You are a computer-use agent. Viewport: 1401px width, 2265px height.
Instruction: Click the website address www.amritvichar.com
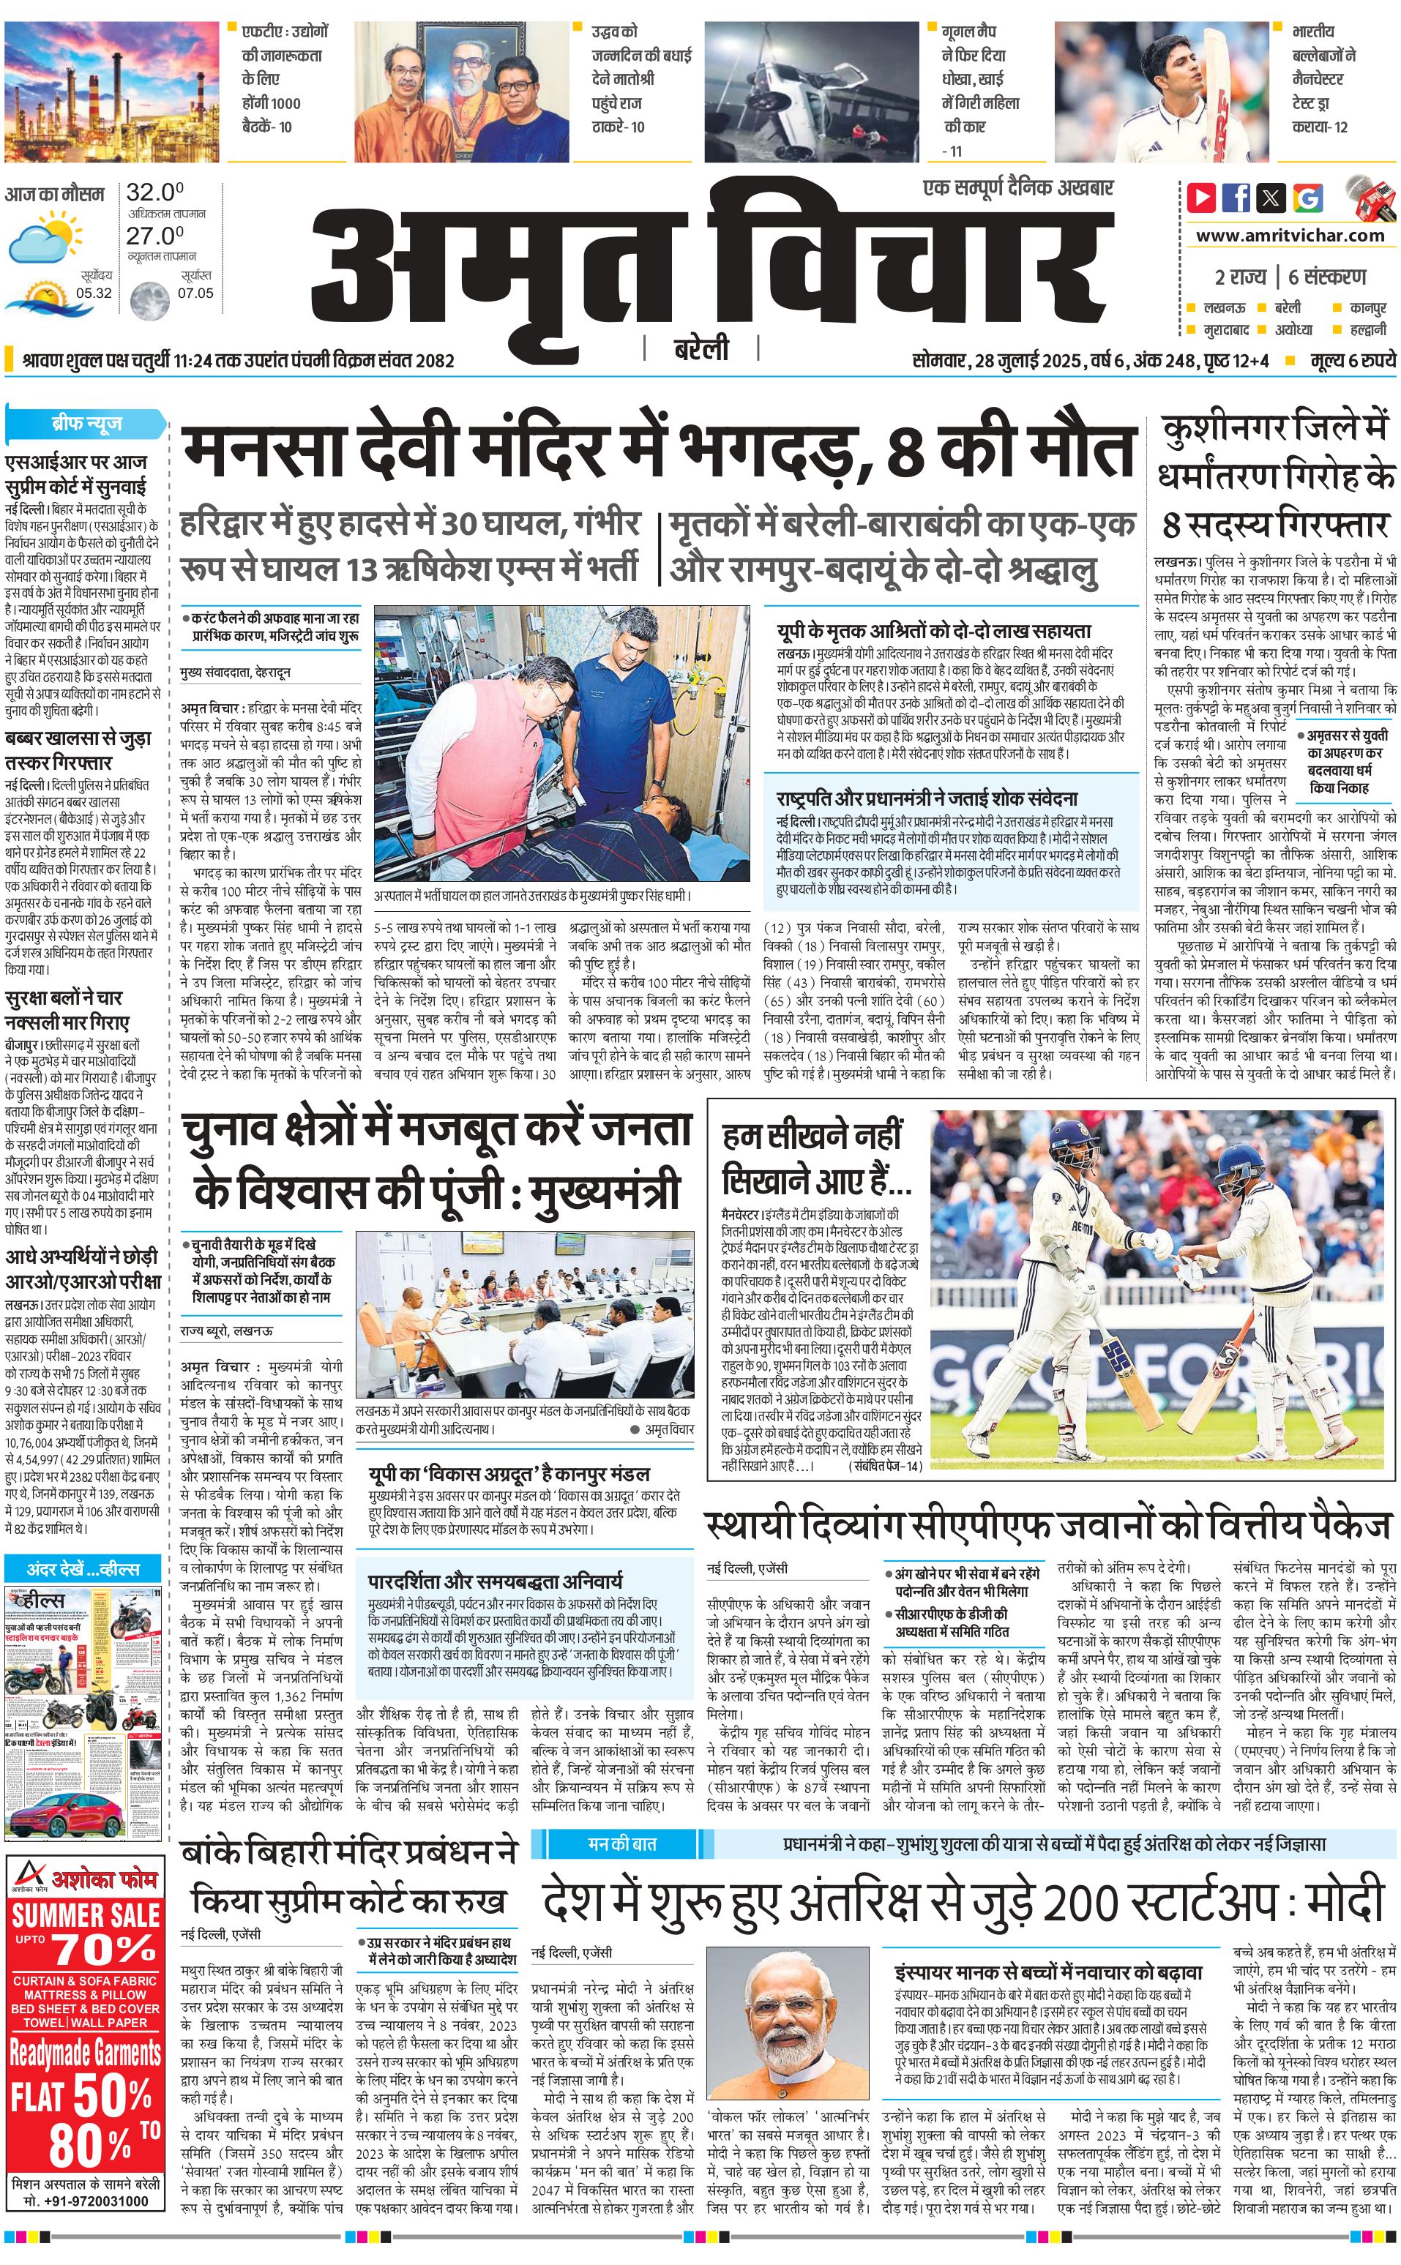click(x=1290, y=236)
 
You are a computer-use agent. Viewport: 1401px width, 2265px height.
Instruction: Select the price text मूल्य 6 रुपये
click(x=1352, y=360)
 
